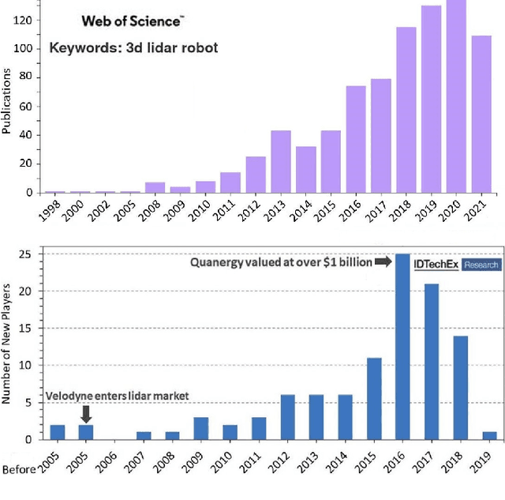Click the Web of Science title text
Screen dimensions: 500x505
click(x=133, y=20)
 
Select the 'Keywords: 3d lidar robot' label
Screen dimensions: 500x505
click(x=133, y=47)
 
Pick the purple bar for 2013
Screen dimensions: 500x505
click(x=281, y=162)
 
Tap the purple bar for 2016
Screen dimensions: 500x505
click(x=355, y=139)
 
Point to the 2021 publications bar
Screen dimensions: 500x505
click(x=481, y=114)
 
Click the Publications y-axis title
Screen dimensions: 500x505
click(x=7, y=100)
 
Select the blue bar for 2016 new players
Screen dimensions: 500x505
click(x=401, y=347)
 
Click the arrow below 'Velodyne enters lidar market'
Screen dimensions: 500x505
click(x=87, y=413)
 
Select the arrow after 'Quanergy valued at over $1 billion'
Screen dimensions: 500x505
click(x=383, y=261)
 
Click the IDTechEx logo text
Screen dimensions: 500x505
click(x=436, y=264)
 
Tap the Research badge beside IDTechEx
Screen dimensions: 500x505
click(x=481, y=265)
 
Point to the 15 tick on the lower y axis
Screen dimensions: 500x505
click(x=26, y=328)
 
